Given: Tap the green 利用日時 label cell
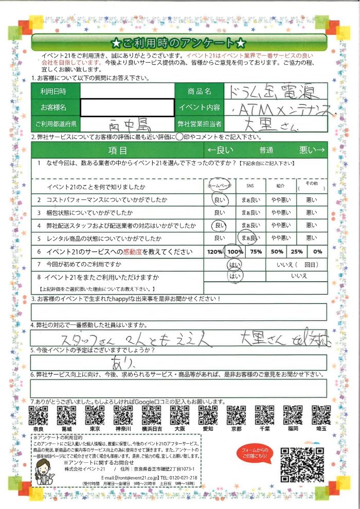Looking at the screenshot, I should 56,92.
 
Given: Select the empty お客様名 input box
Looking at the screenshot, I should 128,107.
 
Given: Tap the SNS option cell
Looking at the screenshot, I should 250,186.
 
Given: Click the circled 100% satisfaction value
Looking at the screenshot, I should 235,252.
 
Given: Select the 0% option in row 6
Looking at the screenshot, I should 317,252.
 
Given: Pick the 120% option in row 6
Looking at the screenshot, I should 214,252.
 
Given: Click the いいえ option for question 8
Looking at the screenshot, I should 299,276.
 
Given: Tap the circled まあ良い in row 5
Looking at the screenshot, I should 250,238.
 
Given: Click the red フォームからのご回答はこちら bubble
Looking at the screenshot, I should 255,452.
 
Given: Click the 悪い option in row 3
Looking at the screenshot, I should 312,212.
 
